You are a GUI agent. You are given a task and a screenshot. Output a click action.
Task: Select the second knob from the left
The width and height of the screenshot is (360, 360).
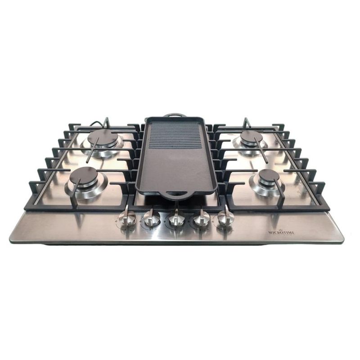click(152, 218)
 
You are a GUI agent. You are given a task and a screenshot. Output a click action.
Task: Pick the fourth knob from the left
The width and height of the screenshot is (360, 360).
click(201, 218)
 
